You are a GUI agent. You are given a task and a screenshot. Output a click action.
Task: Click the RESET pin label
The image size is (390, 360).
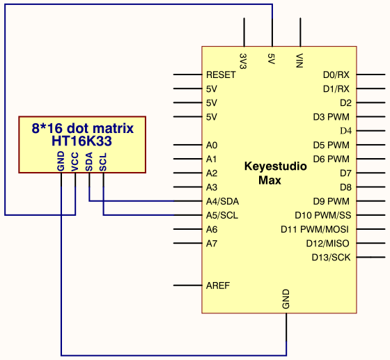pyautogui.click(x=221, y=75)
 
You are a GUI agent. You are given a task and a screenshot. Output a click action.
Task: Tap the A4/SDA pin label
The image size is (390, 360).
pyautogui.click(x=222, y=201)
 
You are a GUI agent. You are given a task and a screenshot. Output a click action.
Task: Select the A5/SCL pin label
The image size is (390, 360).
pyautogui.click(x=222, y=215)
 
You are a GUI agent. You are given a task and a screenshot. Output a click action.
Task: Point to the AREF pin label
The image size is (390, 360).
pyautogui.click(x=218, y=285)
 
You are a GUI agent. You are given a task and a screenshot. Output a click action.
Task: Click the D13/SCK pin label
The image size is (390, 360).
pyautogui.click(x=331, y=258)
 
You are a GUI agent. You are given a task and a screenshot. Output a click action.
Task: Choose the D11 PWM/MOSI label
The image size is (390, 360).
pyautogui.click(x=315, y=229)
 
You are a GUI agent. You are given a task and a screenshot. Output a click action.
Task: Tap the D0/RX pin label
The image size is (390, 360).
pyautogui.click(x=336, y=75)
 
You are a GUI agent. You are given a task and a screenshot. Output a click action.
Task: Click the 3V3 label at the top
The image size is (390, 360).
pyautogui.click(x=243, y=61)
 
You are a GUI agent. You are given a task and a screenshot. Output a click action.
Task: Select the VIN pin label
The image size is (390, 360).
pyautogui.click(x=299, y=61)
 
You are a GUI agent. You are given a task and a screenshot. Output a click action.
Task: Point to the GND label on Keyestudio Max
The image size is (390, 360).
pyautogui.click(x=286, y=299)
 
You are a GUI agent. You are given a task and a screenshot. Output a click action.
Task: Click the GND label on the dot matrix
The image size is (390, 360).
pyautogui.click(x=61, y=162)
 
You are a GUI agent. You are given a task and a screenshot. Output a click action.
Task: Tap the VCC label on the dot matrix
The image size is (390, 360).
pyautogui.click(x=75, y=162)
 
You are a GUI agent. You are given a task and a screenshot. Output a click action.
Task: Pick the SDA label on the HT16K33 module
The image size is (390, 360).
pyautogui.click(x=89, y=162)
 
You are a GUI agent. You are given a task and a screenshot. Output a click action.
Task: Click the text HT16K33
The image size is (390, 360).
pyautogui.click(x=81, y=141)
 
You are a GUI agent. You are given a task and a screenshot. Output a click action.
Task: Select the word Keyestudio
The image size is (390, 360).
pyautogui.click(x=276, y=166)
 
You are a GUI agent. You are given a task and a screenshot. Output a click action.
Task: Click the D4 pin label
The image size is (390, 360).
pyautogui.click(x=345, y=131)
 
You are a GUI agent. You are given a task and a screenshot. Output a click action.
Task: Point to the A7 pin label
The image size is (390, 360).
pyautogui.click(x=212, y=244)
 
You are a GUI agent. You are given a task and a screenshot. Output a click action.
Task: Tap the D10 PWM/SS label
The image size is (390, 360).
pyautogui.click(x=323, y=215)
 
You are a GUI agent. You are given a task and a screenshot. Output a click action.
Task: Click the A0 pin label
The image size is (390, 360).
pyautogui.click(x=212, y=145)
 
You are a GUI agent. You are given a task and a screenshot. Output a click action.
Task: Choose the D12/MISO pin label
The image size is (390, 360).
pyautogui.click(x=327, y=244)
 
